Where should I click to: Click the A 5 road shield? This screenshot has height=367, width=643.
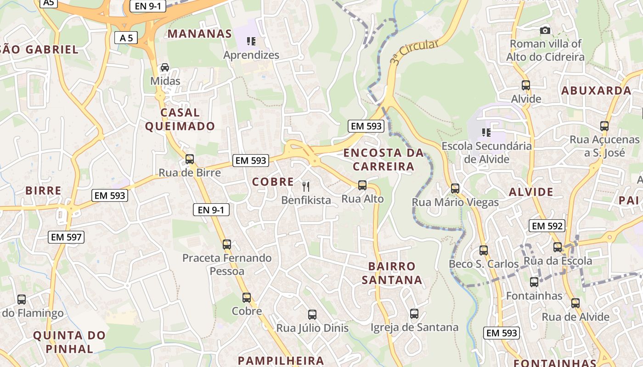click(x=126, y=38)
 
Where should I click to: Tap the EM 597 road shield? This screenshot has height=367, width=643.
click(x=66, y=237)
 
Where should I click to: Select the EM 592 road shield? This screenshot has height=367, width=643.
click(x=547, y=226)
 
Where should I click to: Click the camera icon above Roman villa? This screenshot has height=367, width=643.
click(x=545, y=31)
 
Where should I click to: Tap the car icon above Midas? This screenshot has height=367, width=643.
click(x=165, y=68)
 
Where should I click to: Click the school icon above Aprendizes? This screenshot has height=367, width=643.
click(x=251, y=42)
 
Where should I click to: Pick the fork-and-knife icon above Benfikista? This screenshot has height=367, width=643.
click(x=306, y=186)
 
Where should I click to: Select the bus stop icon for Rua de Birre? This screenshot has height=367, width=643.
click(x=189, y=159)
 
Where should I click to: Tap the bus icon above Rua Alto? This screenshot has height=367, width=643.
click(x=362, y=185)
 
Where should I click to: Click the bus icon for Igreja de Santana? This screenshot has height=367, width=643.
click(x=414, y=314)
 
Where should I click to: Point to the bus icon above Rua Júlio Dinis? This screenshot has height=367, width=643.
click(x=312, y=315)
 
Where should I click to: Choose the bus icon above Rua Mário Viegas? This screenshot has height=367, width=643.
click(x=455, y=189)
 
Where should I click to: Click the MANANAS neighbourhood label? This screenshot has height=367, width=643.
click(x=200, y=33)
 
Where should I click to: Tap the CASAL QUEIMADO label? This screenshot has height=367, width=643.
click(x=180, y=119)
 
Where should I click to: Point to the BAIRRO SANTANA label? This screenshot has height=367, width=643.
click(x=392, y=273)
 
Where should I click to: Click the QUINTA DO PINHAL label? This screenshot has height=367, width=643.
click(x=69, y=342)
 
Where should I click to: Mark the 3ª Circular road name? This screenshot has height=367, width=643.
click(x=414, y=51)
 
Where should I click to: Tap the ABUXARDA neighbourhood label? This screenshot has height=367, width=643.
click(x=596, y=90)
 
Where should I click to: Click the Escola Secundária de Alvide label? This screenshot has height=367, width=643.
click(x=486, y=152)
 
